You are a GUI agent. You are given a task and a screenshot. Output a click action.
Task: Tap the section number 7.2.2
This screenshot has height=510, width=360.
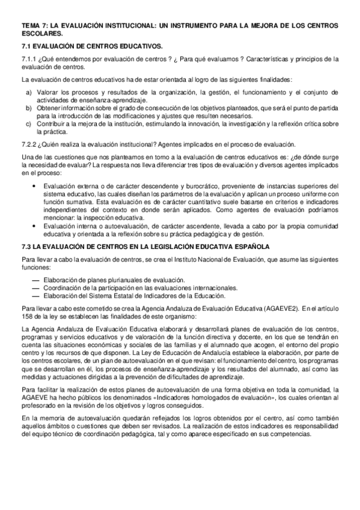coord(28,144)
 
